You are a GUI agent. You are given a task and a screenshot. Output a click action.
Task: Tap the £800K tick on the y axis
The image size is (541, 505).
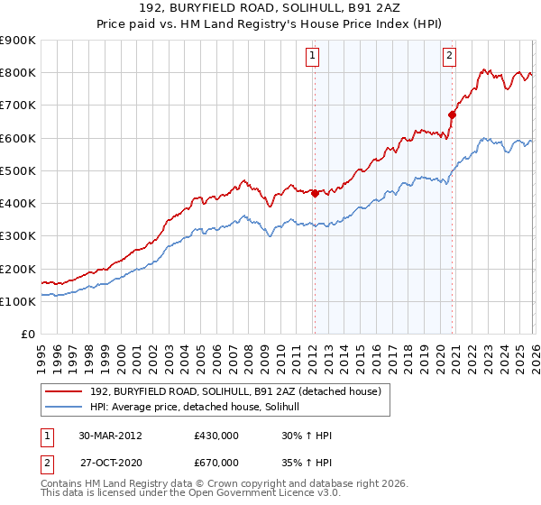(x=18, y=73)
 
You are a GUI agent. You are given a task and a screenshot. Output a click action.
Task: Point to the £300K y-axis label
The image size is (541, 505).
(x=18, y=236)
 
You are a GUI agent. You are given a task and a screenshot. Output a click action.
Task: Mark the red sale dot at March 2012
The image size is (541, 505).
(x=315, y=193)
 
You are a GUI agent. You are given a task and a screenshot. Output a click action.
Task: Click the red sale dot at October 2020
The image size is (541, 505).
(x=453, y=115)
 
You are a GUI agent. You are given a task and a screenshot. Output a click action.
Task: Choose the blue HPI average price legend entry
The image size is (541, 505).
(x=200, y=408)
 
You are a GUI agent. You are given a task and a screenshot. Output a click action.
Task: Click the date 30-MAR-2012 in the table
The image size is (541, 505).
(x=110, y=435)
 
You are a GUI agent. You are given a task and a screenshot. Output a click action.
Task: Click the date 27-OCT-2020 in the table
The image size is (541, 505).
(x=110, y=463)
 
